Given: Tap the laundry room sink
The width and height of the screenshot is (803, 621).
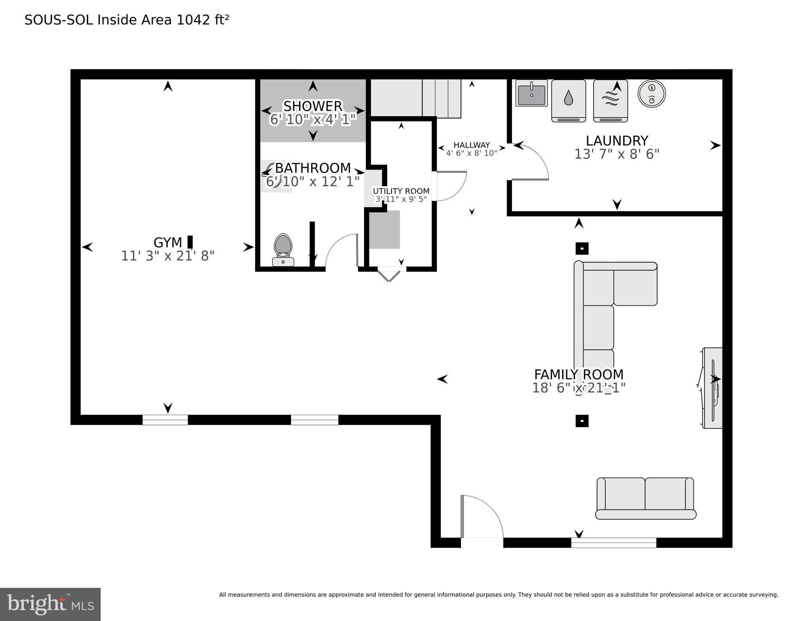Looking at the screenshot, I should tap(531, 93).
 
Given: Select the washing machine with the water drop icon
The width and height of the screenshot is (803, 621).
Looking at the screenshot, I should tap(569, 100).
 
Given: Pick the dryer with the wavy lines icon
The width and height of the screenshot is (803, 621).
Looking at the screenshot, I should tap(610, 100).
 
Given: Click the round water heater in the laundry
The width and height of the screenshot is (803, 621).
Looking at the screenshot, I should tap(651, 94).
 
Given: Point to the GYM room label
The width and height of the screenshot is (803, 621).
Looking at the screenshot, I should tap(167, 242).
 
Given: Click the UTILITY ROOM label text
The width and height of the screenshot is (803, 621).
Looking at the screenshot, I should tap(401, 191).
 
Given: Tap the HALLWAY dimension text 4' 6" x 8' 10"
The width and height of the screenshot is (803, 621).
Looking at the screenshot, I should tap(471, 153).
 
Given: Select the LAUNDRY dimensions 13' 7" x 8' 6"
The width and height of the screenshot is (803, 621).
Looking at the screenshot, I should tap(617, 154).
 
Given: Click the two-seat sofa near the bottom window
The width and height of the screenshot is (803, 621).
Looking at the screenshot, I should tap(645, 498).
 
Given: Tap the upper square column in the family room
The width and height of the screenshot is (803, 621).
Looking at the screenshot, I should tap(582, 248).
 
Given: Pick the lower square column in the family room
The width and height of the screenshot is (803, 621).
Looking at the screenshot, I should tap(582, 421).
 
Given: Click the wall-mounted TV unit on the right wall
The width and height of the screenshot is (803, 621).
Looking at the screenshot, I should tap(712, 388).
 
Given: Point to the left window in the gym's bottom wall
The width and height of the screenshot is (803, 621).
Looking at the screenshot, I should tap(165, 420).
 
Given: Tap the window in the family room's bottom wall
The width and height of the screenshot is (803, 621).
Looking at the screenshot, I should tap(613, 543).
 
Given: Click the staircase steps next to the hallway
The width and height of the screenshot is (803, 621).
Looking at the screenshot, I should tap(441, 98).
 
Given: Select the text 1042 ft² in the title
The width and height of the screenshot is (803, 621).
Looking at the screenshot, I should tap(203, 19).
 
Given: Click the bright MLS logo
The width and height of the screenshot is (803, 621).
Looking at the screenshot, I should tap(50, 604).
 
